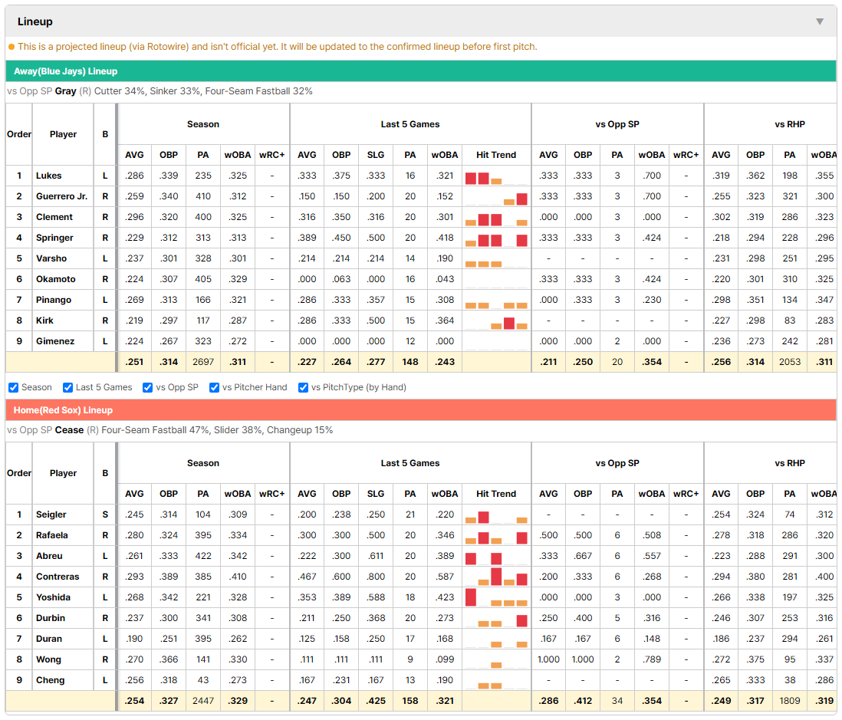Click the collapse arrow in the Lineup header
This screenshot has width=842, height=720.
[x=820, y=21]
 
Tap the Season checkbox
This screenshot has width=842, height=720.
[x=14, y=388]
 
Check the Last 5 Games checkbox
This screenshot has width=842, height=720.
[x=67, y=388]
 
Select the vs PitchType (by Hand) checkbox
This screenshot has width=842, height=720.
[x=304, y=388]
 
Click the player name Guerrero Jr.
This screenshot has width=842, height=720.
[x=62, y=196]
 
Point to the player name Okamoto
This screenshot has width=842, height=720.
[x=56, y=279]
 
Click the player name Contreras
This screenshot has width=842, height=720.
[x=58, y=577]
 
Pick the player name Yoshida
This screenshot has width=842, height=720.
[x=53, y=597]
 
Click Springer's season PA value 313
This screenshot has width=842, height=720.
[x=203, y=238]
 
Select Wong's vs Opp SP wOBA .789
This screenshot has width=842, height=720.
[x=652, y=659]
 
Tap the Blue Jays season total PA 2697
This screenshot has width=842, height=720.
[x=203, y=362]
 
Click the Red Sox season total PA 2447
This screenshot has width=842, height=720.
[x=203, y=701]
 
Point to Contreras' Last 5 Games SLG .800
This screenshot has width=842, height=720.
[x=376, y=577]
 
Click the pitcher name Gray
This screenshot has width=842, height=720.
[x=65, y=91]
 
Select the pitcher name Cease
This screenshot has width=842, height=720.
[x=69, y=430]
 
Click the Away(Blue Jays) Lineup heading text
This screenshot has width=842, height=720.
[x=65, y=71]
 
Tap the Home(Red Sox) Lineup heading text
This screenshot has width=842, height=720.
[x=64, y=410]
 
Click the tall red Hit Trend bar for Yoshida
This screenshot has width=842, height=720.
[x=471, y=597]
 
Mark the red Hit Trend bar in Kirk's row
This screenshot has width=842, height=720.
[x=509, y=323]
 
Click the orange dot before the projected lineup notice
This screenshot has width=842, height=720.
[x=12, y=47]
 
